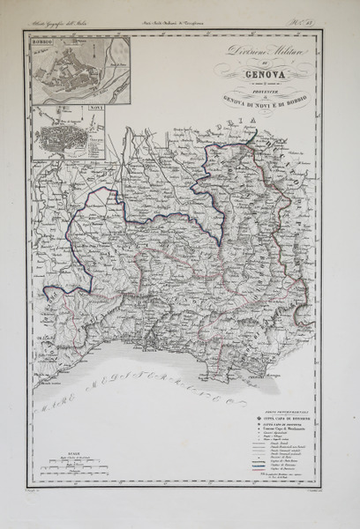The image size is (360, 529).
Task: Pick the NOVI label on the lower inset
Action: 91,108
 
